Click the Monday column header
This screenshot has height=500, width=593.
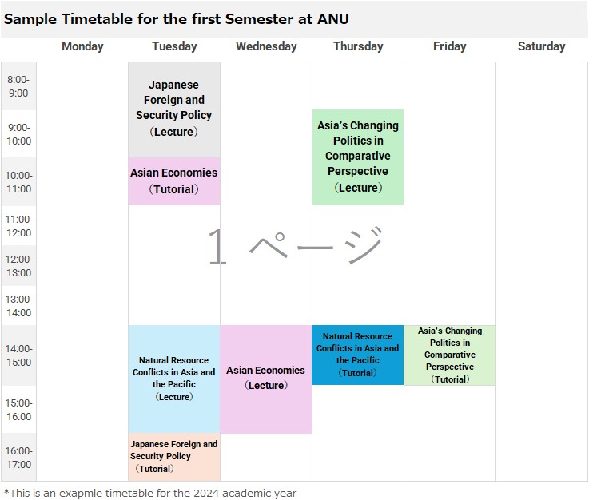[x=82, y=46]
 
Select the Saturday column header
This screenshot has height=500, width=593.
[x=541, y=46]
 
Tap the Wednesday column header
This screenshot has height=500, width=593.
[x=266, y=46]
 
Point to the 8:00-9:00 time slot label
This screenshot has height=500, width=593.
[x=18, y=86]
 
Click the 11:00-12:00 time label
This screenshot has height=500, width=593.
[x=18, y=226]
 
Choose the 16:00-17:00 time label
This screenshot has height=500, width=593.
[x=18, y=458]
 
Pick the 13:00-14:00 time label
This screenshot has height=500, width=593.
[x=18, y=306]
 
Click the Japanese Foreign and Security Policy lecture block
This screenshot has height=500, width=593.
[x=174, y=109]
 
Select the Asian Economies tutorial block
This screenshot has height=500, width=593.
[x=174, y=181]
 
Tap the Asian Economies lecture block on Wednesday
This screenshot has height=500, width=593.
[x=266, y=379]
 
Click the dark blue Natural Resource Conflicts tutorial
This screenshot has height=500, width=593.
[x=358, y=355]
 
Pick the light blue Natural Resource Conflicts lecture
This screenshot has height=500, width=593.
[x=174, y=379]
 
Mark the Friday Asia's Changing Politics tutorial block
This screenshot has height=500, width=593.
[x=450, y=355]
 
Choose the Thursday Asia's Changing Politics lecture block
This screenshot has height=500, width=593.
[x=358, y=157]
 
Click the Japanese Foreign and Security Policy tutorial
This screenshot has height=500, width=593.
[x=174, y=457]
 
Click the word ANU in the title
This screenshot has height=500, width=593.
[x=333, y=19]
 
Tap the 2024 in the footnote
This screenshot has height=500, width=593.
[x=206, y=493]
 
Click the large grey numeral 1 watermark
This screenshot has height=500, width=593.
[x=217, y=247]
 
